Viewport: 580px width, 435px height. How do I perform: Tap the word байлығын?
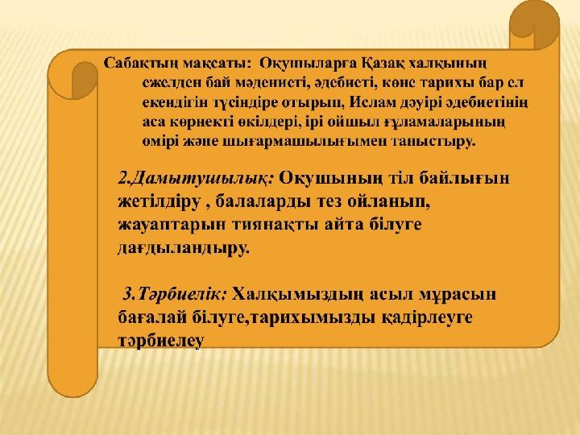pos(464,179)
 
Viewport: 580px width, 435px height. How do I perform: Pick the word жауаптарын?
pos(172,226)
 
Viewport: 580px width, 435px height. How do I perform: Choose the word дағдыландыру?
pos(184,248)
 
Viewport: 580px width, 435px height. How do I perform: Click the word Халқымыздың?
pos(299,295)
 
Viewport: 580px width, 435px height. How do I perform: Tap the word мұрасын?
pos(458,295)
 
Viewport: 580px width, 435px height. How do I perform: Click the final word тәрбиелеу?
pos(161,341)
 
